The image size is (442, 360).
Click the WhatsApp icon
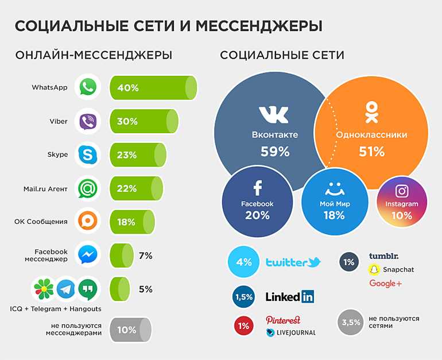pos(88,88)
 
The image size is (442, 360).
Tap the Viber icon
pos(88,121)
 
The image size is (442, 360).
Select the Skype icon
pos(88,154)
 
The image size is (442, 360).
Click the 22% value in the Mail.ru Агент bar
pos(127,188)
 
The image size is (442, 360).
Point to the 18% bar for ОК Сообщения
pos(131,222)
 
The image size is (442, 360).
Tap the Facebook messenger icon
pos(88,255)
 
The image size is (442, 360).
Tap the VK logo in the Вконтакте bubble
pos(274,114)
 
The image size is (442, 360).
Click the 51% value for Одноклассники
pos(371,152)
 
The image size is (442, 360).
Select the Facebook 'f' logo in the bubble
pos(257,188)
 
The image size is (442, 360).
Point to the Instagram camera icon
pos(402,191)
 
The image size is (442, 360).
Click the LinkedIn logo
pos(289,297)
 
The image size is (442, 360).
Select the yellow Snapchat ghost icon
pos(374,269)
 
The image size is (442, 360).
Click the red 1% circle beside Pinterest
pos(243,326)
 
